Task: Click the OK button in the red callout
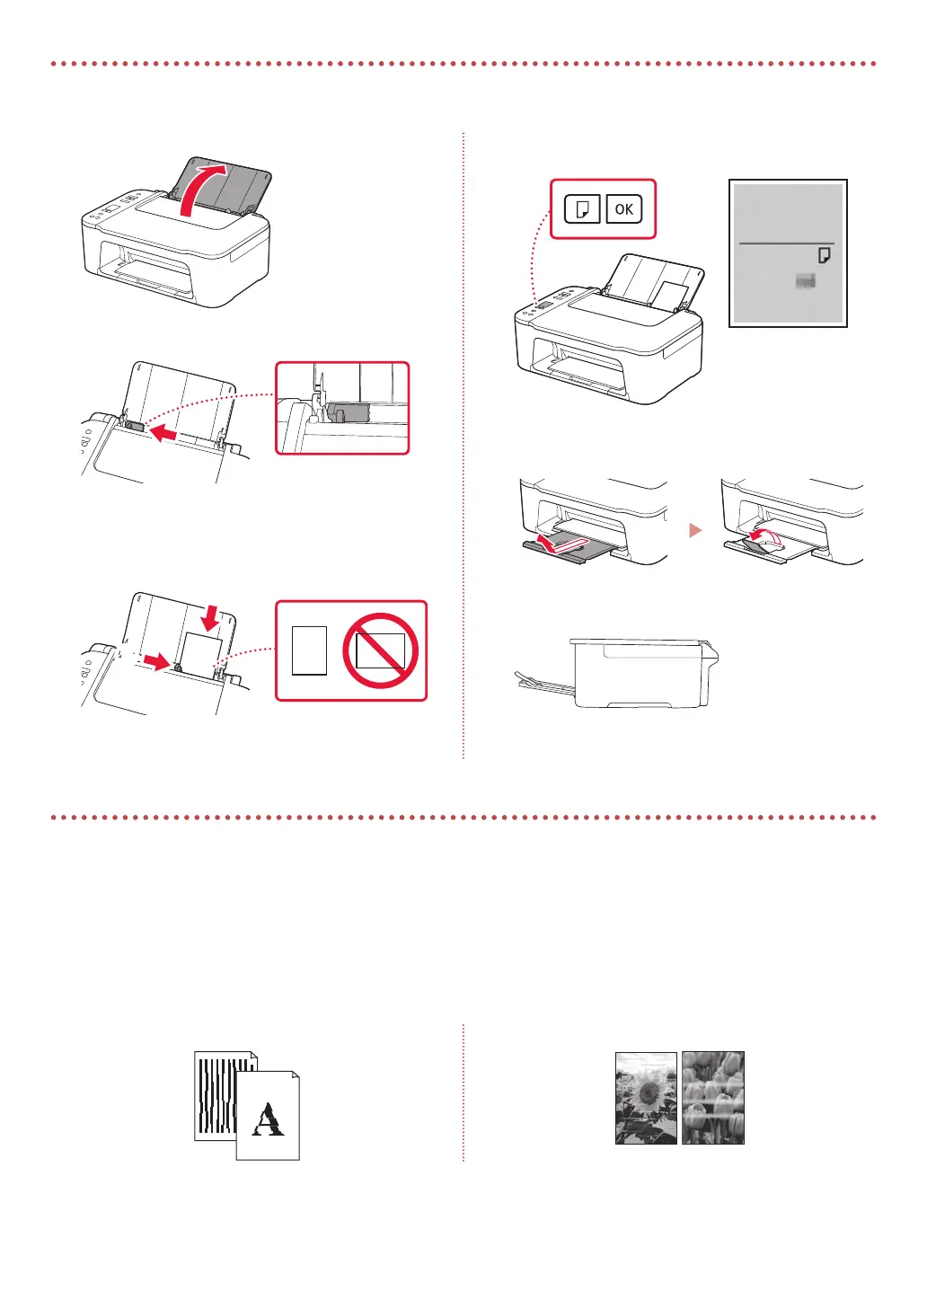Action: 624,209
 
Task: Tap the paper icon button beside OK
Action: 582,209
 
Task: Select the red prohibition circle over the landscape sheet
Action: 381,650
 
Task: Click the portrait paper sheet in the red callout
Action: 310,650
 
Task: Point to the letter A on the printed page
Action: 267,1120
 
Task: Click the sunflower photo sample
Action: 646,1098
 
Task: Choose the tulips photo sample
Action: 713,1098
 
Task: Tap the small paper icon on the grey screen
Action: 824,256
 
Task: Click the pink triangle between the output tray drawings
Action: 694,531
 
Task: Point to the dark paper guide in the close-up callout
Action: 349,412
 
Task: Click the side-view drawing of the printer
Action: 643,673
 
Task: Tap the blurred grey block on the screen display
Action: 806,282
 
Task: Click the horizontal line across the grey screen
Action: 786,243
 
